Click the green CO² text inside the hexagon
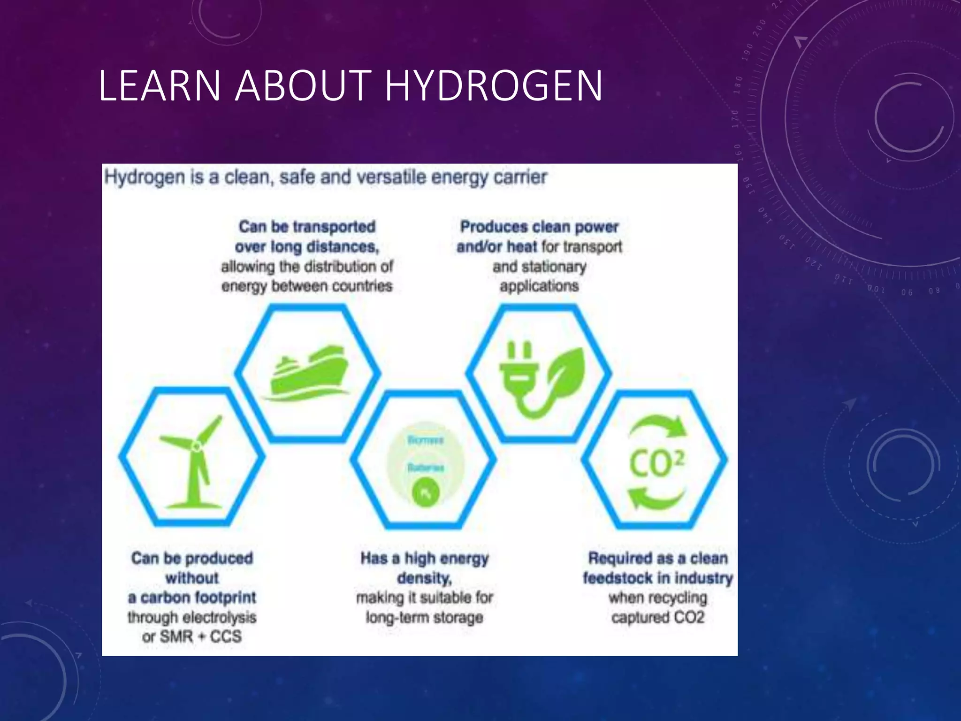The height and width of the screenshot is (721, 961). click(656, 464)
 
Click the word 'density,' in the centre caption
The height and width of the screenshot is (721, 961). click(425, 578)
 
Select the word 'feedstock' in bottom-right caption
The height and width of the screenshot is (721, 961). click(617, 578)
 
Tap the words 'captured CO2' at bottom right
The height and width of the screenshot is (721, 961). click(658, 617)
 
